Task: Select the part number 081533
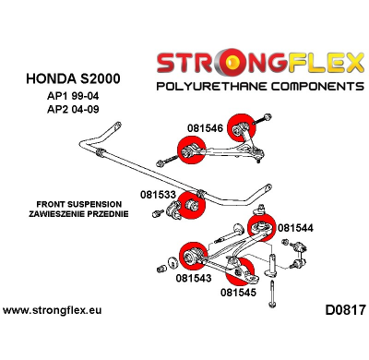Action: coord(159,195)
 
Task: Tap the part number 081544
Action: coord(295,228)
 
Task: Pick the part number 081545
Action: coord(239,294)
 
